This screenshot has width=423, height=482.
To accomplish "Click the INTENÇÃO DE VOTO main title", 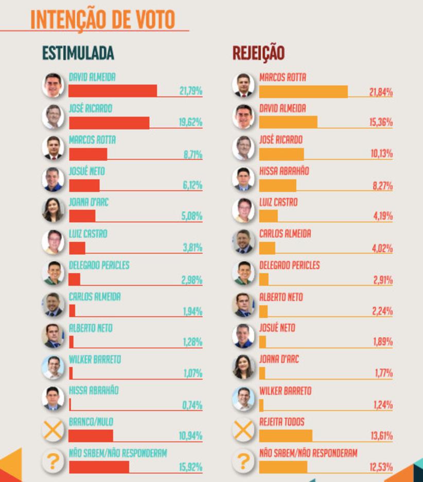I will coord(103,20).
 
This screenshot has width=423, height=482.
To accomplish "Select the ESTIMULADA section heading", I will coord(78,53).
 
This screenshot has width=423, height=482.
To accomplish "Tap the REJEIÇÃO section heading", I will coord(258,53).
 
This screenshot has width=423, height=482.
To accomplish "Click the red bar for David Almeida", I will coord(113,91).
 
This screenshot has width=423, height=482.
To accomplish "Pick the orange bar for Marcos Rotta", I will coord(303,91).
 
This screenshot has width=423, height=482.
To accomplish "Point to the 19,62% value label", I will coord(190,123).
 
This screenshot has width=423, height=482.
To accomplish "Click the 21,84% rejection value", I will coord(381,92).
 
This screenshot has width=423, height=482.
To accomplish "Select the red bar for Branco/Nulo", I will coord(91,435).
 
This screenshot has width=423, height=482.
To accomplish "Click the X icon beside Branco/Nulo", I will coord(53,429).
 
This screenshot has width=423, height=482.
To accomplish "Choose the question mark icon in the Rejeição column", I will coord(243,461).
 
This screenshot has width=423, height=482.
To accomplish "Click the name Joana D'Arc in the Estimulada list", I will coord(89,203).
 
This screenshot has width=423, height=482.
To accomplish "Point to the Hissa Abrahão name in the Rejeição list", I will coord(284,171).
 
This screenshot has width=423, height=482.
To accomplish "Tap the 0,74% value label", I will coord(192,405).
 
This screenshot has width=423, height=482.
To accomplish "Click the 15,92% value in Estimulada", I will coord(190,468).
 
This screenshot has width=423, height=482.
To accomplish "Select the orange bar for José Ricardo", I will coord(281,154).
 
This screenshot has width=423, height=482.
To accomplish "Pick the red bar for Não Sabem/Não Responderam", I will coord(99,467).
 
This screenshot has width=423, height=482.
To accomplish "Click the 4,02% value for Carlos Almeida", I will coord(382,248).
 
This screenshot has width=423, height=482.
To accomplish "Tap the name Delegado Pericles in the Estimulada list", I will coord(99,265).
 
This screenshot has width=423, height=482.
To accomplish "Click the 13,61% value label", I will coord(381,436).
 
